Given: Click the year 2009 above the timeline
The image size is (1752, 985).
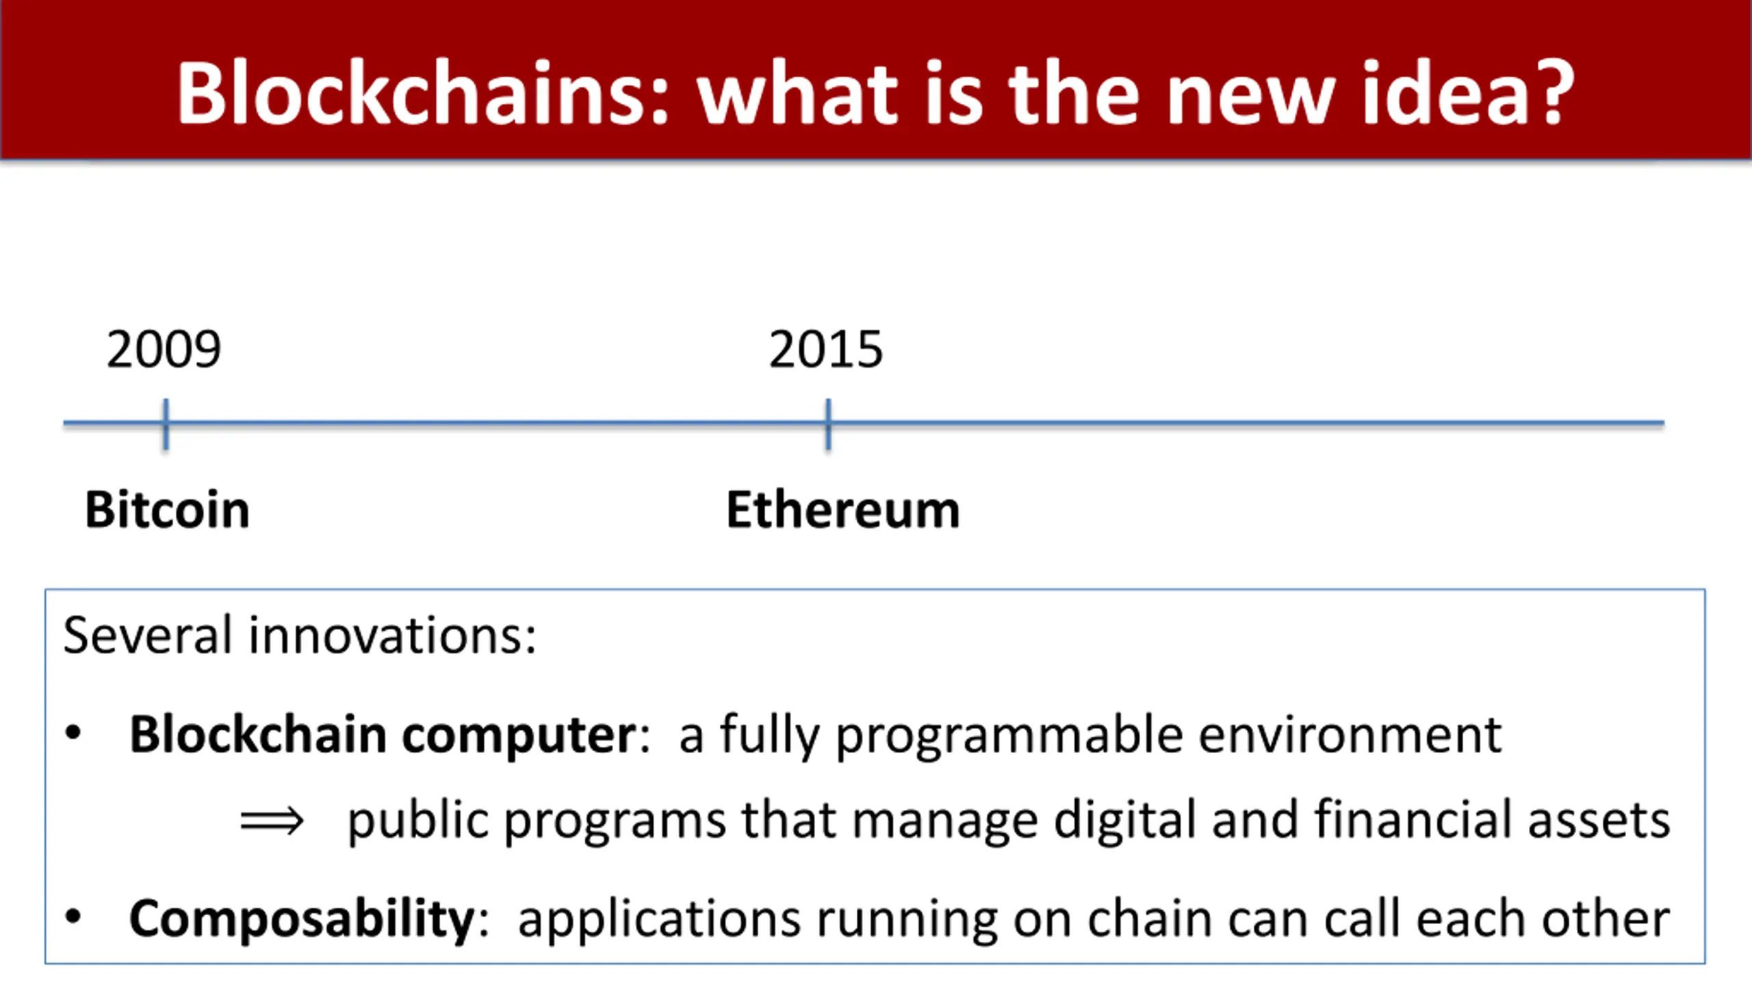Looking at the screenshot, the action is pyautogui.click(x=164, y=350).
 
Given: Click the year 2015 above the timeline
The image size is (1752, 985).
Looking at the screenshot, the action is pyautogui.click(x=825, y=350).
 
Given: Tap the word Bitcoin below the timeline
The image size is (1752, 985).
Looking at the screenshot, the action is pyautogui.click(x=167, y=510).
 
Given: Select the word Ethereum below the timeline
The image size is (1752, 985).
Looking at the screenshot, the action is pyautogui.click(x=842, y=510).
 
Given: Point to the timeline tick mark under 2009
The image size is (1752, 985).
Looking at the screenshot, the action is pyautogui.click(x=166, y=424).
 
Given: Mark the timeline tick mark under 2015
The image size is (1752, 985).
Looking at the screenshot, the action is pyautogui.click(x=828, y=424).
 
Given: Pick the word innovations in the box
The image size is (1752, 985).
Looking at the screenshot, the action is pyautogui.click(x=392, y=635).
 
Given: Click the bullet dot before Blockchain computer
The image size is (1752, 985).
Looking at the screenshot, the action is pyautogui.click(x=73, y=733).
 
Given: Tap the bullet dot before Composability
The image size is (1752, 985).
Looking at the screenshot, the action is pyautogui.click(x=73, y=917).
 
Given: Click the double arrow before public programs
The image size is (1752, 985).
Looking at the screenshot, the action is pyautogui.click(x=272, y=820).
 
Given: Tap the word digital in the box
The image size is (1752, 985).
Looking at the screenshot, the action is pyautogui.click(x=1125, y=821).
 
